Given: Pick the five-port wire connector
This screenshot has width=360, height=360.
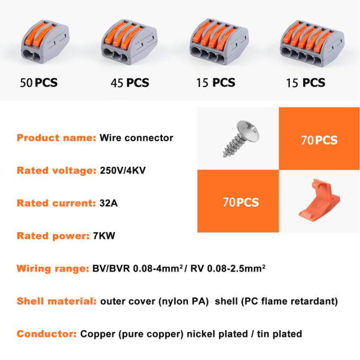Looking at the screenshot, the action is click(312, 43).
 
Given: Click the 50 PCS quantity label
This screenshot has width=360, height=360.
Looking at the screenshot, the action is click(39, 83).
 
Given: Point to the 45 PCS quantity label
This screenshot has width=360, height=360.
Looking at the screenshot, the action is click(130, 83).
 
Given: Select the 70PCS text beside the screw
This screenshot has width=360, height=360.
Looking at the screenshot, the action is click(319, 140).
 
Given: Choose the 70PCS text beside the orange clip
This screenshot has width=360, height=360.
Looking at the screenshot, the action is click(240, 202).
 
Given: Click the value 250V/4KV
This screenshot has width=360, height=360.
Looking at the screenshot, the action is click(123, 170).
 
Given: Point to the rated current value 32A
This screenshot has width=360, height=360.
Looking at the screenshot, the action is click(109, 203).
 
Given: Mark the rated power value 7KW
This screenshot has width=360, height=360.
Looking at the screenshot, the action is click(104, 236).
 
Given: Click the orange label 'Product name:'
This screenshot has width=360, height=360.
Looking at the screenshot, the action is click(56, 138).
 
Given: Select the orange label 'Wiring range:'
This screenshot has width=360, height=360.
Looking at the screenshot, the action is click(53, 269).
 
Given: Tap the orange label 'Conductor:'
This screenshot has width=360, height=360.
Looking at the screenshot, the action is click(47, 334).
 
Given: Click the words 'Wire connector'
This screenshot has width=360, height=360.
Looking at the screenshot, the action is click(136, 138).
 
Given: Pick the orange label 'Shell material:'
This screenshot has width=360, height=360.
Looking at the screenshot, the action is click(57, 301).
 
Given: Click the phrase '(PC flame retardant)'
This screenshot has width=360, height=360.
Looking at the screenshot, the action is click(289, 302).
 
